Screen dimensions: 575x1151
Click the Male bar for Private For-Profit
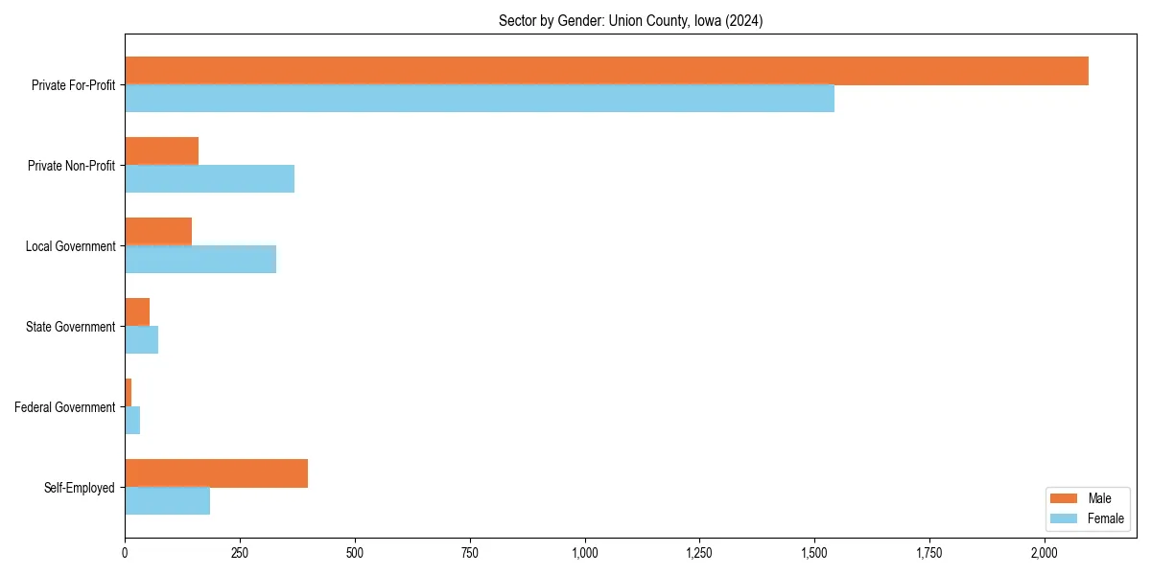(606, 71)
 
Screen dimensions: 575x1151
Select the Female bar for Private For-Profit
(480, 99)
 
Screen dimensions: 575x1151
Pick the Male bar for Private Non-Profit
(161, 151)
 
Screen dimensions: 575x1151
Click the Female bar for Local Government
(200, 260)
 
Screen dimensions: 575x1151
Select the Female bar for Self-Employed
(167, 501)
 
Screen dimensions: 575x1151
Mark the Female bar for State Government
(141, 340)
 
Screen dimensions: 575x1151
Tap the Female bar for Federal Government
(132, 421)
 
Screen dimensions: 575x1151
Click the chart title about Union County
(630, 21)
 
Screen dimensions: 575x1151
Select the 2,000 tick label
(1045, 553)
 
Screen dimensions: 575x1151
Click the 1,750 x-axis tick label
(929, 553)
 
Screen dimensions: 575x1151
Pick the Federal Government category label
(65, 407)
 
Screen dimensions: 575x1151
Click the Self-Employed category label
(80, 488)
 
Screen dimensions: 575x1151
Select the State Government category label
(71, 327)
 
